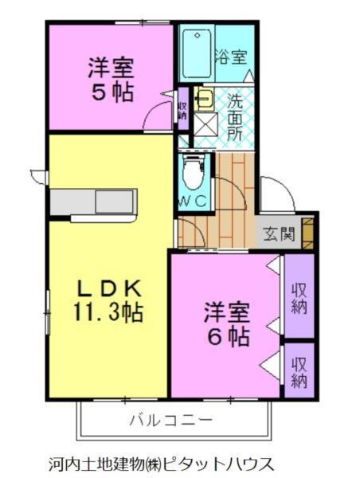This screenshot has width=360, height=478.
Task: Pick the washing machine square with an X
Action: click(205, 124)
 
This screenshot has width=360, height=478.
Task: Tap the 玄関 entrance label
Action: click(280, 234)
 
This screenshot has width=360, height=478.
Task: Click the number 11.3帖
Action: click(109, 311)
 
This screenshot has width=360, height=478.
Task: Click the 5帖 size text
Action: click(112, 91)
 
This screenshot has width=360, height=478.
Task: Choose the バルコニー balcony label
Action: click(170, 418)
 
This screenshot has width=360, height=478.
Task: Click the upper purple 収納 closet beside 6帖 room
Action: click(299, 296)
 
